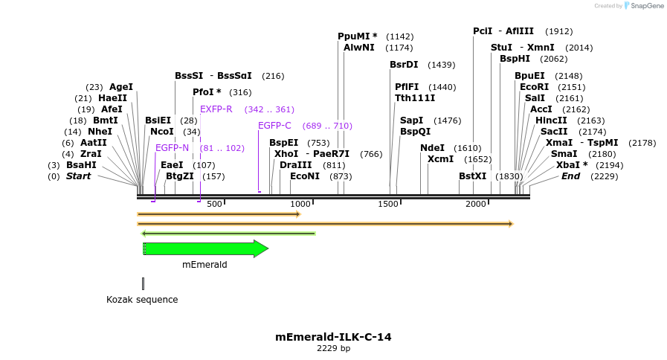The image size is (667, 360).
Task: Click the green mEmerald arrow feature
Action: [x=204, y=249]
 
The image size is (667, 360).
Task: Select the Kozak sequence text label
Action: [x=142, y=300]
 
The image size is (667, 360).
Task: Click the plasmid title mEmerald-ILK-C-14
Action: [x=333, y=337]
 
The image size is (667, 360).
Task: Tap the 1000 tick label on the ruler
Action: [x=300, y=204]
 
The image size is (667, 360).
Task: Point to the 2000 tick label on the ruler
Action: [x=475, y=204]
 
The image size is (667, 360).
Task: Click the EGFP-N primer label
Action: [x=172, y=148]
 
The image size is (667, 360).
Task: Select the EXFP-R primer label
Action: [x=216, y=109]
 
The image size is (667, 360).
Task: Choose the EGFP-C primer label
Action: [x=274, y=126]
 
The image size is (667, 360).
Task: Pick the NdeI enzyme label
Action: [x=432, y=148]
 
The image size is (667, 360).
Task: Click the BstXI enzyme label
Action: [x=473, y=176]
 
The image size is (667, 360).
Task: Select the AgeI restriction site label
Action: [x=121, y=87]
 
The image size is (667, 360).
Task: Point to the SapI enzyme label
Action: [x=411, y=120]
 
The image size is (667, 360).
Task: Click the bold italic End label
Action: [x=570, y=176]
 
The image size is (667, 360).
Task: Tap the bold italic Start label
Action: [x=78, y=176]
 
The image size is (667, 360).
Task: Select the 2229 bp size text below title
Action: [x=333, y=348]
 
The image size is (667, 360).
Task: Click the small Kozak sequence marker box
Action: [x=143, y=283]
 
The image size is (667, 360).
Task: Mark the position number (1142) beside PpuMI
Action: [x=400, y=36]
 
